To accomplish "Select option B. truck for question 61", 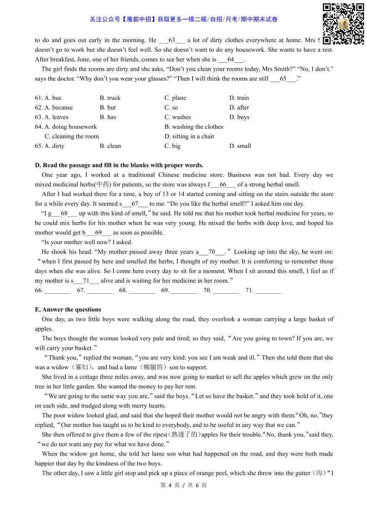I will tap(110, 98).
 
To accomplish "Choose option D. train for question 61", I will tap(239, 98).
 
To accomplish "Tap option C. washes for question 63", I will tap(177, 117).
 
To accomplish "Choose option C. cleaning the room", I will tap(71, 136).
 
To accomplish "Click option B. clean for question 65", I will tap(110, 146).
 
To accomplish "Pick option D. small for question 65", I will tap(240, 146).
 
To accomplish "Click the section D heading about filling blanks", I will tap(119, 165).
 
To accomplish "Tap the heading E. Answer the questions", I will tap(68, 309).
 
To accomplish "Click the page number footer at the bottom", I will tap(183, 485).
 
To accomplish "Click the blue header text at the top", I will tap(184, 19).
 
